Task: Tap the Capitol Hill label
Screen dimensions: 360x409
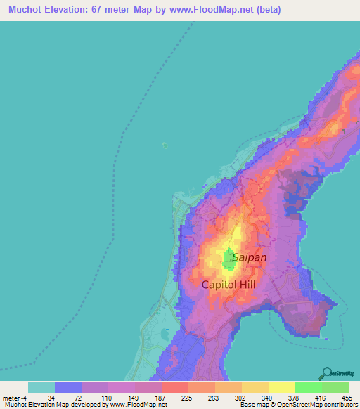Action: point(229,285)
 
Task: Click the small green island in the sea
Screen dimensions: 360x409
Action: point(165,145)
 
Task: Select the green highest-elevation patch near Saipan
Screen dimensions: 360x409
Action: point(229,260)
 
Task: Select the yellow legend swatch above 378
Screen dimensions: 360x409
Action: point(281,387)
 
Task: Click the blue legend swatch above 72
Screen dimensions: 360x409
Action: point(68,387)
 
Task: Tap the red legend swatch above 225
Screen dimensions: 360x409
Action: point(174,387)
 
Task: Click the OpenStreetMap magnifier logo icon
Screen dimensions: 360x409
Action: point(329,372)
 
